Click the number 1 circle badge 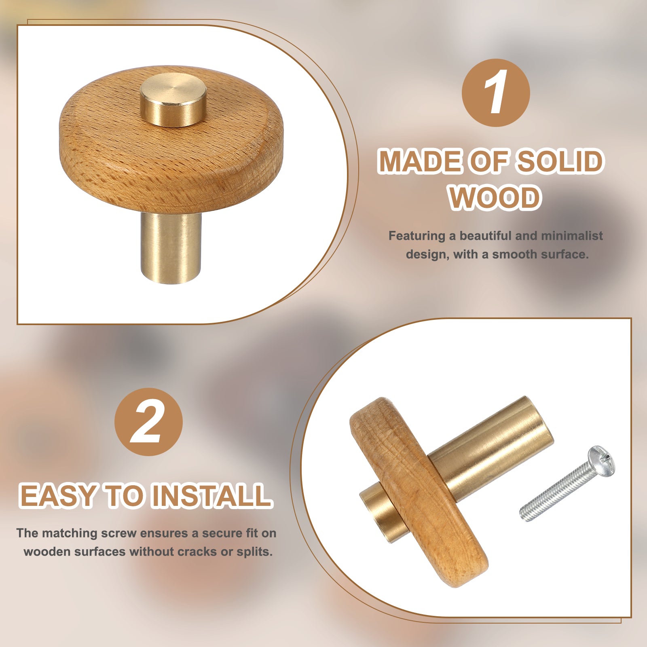click(x=496, y=93)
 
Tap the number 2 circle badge click(x=148, y=422)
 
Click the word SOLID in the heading click(x=560, y=161)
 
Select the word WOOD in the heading click(x=495, y=198)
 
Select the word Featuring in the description click(x=417, y=236)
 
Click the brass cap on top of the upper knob click(x=173, y=100)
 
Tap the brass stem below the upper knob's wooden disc click(x=171, y=247)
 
